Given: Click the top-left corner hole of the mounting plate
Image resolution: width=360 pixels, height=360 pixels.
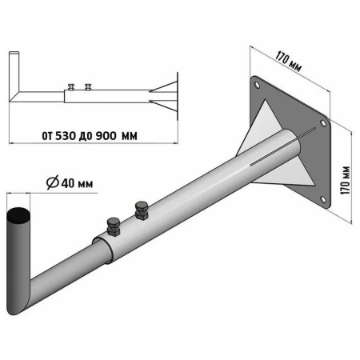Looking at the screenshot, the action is pos(257,85).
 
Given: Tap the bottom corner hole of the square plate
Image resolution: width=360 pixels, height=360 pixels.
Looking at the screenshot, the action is pos(323,199).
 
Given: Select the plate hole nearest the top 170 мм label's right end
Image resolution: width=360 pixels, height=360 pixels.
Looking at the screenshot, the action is pos(323,123).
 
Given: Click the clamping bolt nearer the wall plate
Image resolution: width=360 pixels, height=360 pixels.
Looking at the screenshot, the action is pos(142,210).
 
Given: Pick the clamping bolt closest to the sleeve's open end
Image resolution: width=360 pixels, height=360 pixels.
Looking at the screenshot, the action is pos(114,227).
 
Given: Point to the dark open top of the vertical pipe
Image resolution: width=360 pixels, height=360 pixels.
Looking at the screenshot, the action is pos(18,216).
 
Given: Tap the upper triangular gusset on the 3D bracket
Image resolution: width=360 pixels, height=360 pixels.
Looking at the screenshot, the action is pos(260,126).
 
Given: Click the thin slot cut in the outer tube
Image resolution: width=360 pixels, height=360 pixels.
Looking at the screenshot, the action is pos(282,146).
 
